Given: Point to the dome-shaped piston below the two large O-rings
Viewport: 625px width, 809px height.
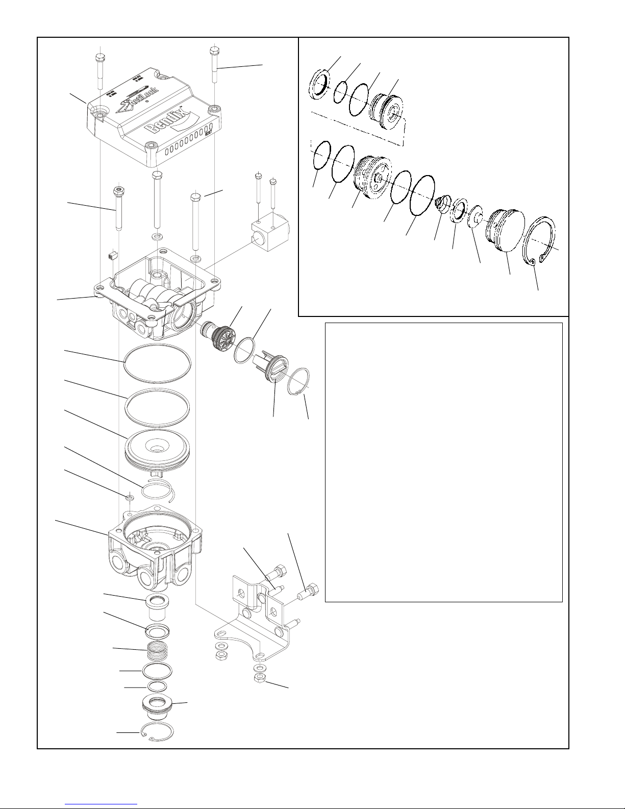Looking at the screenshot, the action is [x=158, y=449].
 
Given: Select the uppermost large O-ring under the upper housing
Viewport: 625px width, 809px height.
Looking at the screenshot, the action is [x=157, y=363].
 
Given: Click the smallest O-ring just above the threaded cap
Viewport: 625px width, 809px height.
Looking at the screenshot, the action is [x=157, y=686].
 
